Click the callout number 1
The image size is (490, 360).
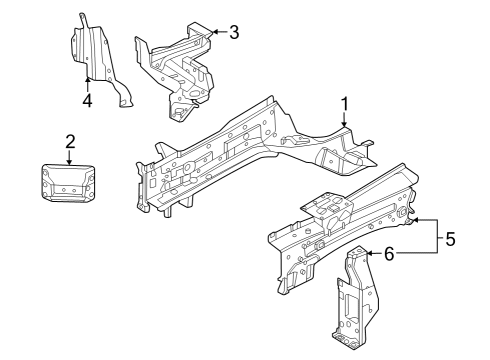345,103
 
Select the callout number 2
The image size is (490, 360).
69,141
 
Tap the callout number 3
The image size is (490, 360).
233,32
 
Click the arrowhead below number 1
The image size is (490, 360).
345,125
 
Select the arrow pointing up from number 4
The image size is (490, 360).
88,78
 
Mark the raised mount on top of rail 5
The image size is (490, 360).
325,205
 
